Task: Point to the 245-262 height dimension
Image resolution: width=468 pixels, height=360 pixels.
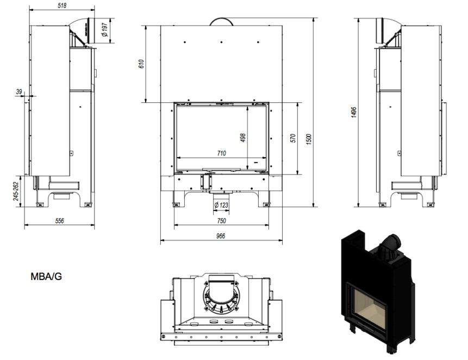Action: (x=16, y=191)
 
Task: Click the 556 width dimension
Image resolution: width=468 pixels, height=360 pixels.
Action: (x=59, y=221)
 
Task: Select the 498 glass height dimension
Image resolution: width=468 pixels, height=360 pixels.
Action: (x=243, y=139)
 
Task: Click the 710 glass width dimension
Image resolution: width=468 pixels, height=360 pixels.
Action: (x=221, y=153)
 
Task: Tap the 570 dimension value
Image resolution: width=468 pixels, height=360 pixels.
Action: (x=293, y=138)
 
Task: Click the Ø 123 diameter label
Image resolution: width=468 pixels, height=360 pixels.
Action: (x=221, y=205)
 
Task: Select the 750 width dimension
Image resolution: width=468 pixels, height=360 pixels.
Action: (x=221, y=221)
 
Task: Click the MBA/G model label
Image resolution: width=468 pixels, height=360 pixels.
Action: (x=46, y=276)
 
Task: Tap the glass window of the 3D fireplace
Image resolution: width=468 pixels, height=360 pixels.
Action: (x=370, y=307)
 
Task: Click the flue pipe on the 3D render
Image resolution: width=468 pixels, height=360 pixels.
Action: (x=389, y=245)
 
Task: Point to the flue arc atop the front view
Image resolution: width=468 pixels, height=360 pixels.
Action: (x=221, y=21)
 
